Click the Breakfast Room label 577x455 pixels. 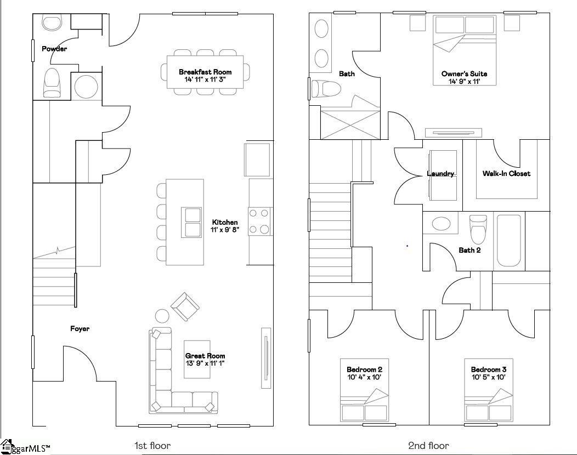tap(205, 72)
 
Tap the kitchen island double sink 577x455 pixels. tap(193, 222)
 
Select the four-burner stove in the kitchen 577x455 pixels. tap(261, 221)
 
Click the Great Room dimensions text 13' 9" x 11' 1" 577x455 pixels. tap(205, 363)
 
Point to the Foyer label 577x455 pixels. tap(80, 329)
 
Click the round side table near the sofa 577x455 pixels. tap(162, 316)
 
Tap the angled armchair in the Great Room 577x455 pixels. tap(185, 306)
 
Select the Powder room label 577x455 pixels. tap(54, 49)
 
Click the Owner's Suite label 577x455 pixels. tap(464, 74)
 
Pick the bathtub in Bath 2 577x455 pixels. tap(510, 241)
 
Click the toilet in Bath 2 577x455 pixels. tap(478, 229)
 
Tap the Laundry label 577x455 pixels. tap(440, 174)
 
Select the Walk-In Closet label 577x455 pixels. tap(506, 174)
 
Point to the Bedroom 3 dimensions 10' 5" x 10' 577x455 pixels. tap(488, 377)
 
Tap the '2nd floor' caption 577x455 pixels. tap(428, 446)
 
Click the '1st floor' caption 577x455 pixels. tap(152, 446)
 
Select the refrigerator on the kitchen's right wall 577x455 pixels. tap(257, 159)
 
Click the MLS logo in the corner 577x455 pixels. tap(25, 447)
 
